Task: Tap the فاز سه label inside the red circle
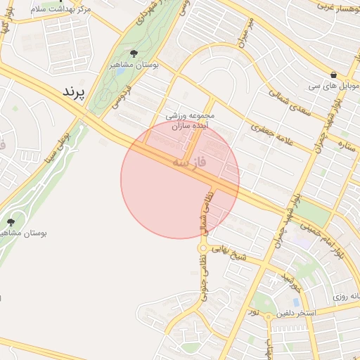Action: [190, 164]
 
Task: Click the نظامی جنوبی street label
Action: [202, 276]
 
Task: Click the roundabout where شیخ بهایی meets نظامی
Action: [203, 248]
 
